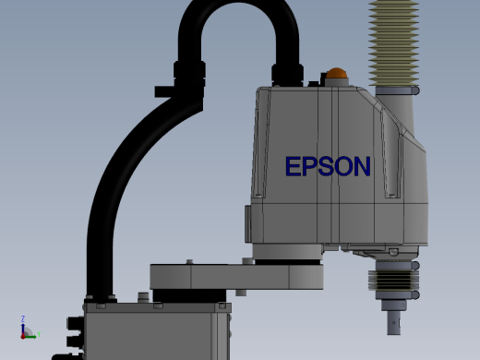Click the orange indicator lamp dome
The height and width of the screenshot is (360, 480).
pyautogui.click(x=336, y=74)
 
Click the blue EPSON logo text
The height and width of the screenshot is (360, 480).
pyautogui.click(x=328, y=166)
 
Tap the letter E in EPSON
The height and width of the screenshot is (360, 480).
pyautogui.click(x=293, y=166)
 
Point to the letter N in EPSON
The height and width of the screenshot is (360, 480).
pyautogui.click(x=363, y=166)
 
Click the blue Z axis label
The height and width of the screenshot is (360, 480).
pyautogui.click(x=23, y=318)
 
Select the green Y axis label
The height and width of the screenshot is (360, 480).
pyautogui.click(x=39, y=334)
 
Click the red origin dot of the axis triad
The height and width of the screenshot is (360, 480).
pyautogui.click(x=23, y=337)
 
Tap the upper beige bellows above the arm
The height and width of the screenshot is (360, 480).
pyautogui.click(x=394, y=43)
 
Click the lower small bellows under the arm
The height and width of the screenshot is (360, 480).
pyautogui.click(x=393, y=280)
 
